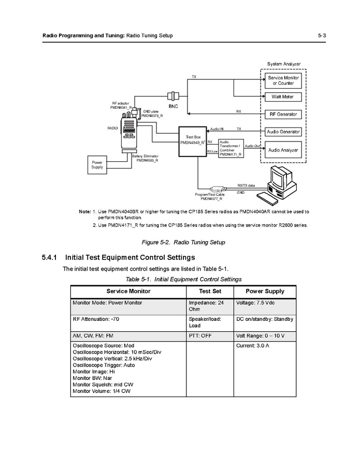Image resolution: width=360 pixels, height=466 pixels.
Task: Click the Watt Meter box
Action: pyautogui.click(x=283, y=97)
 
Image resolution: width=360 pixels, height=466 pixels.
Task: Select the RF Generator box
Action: pyautogui.click(x=283, y=114)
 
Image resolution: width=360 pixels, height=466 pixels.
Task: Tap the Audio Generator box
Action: pyautogui.click(x=283, y=132)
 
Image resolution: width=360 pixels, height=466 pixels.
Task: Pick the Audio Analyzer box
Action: pyautogui.click(x=283, y=150)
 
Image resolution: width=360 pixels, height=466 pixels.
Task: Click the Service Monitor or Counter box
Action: pyautogui.click(x=283, y=80)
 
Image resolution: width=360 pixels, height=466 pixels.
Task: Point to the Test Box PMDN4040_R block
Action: pyautogui.click(x=192, y=141)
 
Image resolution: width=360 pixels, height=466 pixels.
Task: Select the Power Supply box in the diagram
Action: pyautogui.click(x=97, y=164)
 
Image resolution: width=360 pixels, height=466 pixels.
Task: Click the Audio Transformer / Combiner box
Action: pyautogui.click(x=231, y=148)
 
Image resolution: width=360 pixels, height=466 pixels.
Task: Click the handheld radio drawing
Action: pyautogui.click(x=128, y=134)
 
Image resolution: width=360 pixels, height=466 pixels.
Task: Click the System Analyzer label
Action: pyautogui.click(x=283, y=64)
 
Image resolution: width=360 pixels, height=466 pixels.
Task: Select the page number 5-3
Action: pyautogui.click(x=324, y=35)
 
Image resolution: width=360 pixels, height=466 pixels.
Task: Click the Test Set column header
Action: pyautogui.click(x=210, y=291)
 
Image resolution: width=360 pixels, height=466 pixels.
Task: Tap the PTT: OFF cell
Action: pyautogui.click(x=200, y=336)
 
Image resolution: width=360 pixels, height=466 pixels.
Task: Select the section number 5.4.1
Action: pyautogui.click(x=52, y=258)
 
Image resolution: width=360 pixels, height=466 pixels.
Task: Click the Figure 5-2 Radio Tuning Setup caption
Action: pyautogui.click(x=183, y=243)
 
